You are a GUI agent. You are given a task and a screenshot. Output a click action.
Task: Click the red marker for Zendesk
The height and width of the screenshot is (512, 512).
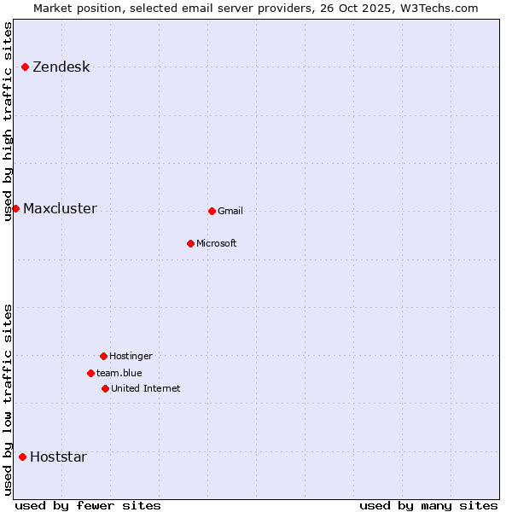click(26, 67)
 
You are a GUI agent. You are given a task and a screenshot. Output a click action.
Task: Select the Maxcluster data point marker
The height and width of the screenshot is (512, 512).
click(15, 208)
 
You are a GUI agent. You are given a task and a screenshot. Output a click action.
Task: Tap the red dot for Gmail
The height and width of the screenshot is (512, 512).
click(212, 211)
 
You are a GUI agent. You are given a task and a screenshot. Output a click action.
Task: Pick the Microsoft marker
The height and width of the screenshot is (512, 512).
click(190, 243)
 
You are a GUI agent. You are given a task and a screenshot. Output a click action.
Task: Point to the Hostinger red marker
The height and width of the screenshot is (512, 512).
click(103, 356)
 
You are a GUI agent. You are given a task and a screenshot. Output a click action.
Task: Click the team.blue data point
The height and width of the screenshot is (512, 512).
click(90, 373)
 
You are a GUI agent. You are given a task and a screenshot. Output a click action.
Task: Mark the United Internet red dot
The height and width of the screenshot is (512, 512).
click(105, 388)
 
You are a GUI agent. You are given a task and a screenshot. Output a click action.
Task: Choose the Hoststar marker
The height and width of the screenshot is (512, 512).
click(22, 457)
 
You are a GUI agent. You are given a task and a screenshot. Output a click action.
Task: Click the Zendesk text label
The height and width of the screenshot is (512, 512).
click(61, 67)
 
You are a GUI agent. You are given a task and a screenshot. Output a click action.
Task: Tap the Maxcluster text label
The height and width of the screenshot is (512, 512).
click(60, 209)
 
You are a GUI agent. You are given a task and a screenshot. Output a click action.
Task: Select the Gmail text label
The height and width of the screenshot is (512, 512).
click(230, 212)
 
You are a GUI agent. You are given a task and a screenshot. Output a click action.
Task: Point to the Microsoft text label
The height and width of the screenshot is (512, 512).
click(217, 244)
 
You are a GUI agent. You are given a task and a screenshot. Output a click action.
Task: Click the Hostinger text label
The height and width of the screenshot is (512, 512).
click(131, 357)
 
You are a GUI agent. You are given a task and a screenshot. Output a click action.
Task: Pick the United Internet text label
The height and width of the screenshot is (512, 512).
click(145, 389)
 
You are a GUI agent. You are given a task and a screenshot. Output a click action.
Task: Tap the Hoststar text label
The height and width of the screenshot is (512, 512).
click(58, 457)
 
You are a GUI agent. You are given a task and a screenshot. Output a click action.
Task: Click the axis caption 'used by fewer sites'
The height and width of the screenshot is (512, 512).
click(88, 505)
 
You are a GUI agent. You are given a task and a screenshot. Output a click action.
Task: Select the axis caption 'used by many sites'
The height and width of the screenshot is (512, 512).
click(428, 505)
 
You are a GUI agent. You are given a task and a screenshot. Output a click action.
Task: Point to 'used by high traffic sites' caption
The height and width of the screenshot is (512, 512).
click(9, 121)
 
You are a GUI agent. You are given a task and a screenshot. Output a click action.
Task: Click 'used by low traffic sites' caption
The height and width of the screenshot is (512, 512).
click(9, 399)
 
